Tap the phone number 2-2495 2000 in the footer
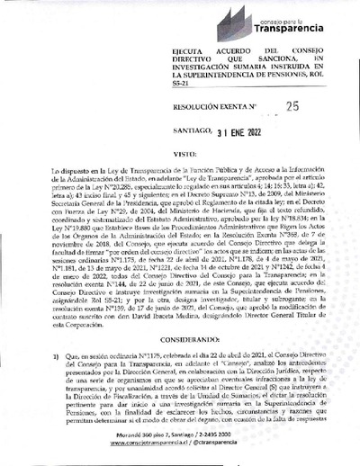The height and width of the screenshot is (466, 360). (240, 435)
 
